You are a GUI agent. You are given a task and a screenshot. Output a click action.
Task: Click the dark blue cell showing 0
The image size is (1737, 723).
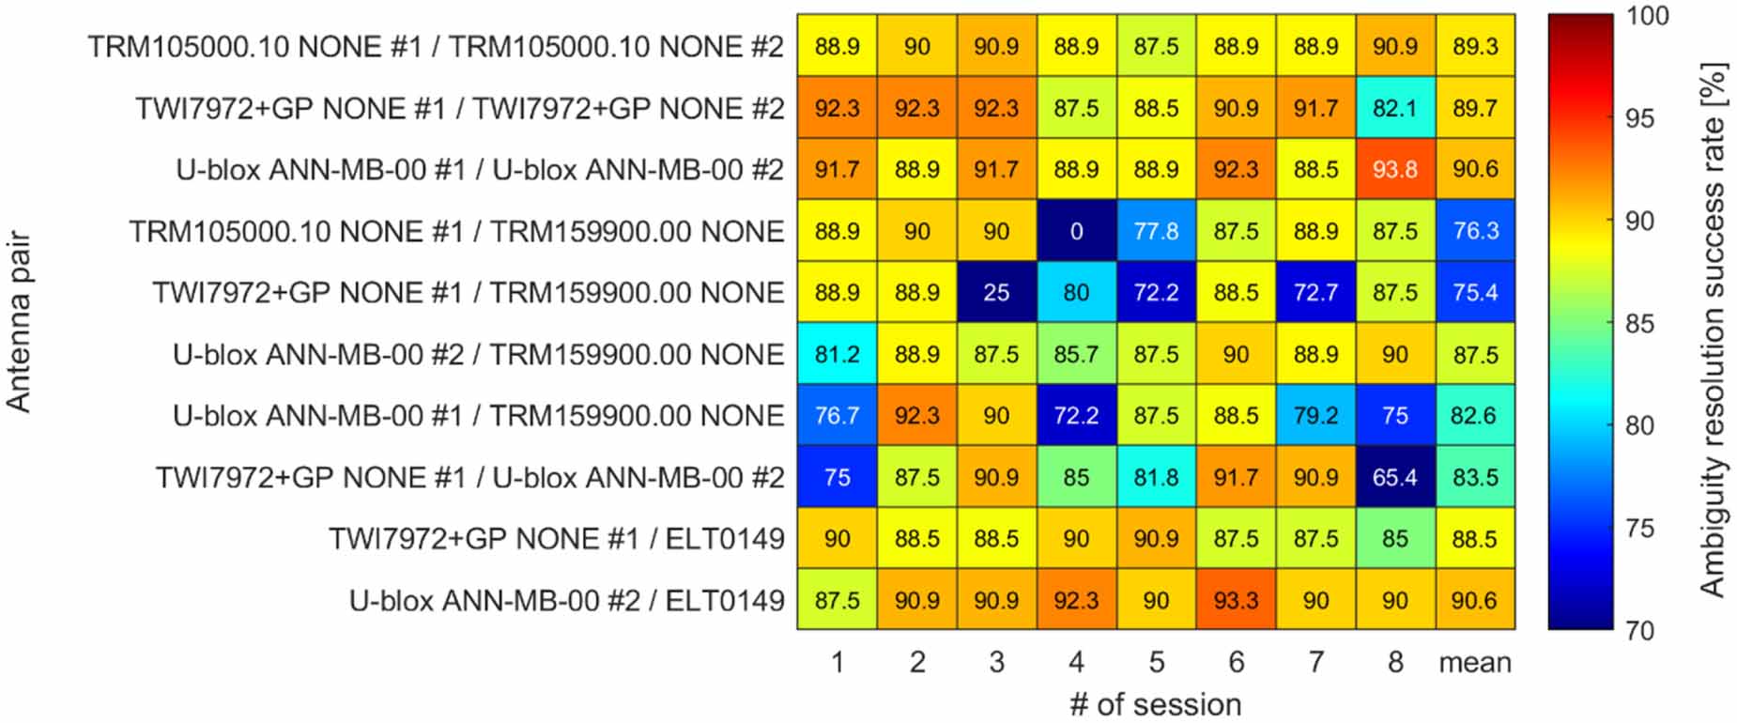coord(1076,231)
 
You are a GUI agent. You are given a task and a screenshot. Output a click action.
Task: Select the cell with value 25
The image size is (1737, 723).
coord(996,293)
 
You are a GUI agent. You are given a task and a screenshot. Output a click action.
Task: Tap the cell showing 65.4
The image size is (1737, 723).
coord(1394,477)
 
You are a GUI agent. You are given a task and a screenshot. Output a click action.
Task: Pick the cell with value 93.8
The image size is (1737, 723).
coord(1394,170)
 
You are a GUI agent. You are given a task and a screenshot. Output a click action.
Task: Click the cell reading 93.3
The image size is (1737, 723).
coord(1236,600)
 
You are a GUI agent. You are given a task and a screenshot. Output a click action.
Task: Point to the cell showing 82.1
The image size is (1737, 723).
coord(1394,108)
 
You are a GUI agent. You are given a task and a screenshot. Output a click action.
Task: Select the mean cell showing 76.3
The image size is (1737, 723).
coord(1475,231)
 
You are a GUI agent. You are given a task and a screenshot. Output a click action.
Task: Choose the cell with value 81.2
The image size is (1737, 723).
coord(837,354)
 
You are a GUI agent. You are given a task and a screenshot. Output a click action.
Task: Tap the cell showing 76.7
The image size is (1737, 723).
coord(837,416)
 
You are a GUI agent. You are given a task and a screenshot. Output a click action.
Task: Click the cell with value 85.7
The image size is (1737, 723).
coord(1076,354)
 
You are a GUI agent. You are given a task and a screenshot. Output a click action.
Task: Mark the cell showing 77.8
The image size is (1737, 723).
coord(1156,231)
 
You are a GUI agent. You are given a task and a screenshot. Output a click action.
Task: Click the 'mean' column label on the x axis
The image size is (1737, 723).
coord(1475,663)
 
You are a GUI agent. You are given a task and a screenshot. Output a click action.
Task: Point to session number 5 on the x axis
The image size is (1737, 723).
coord(1156,663)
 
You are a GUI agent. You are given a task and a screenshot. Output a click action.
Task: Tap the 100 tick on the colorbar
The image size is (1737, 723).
coord(1648,16)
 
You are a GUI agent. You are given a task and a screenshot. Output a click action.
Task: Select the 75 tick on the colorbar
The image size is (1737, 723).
coord(1639,529)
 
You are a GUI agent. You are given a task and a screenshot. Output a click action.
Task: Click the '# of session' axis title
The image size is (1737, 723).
coord(1156,704)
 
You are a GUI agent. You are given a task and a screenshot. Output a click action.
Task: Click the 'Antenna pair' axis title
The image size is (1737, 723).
coord(19,323)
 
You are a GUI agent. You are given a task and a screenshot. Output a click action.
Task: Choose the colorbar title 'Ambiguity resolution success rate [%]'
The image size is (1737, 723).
coord(1714,329)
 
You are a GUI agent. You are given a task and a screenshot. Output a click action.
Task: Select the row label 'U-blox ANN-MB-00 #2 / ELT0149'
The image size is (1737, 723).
coord(566,600)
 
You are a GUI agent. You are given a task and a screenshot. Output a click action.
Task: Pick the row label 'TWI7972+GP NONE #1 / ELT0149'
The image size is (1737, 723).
coord(556,539)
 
